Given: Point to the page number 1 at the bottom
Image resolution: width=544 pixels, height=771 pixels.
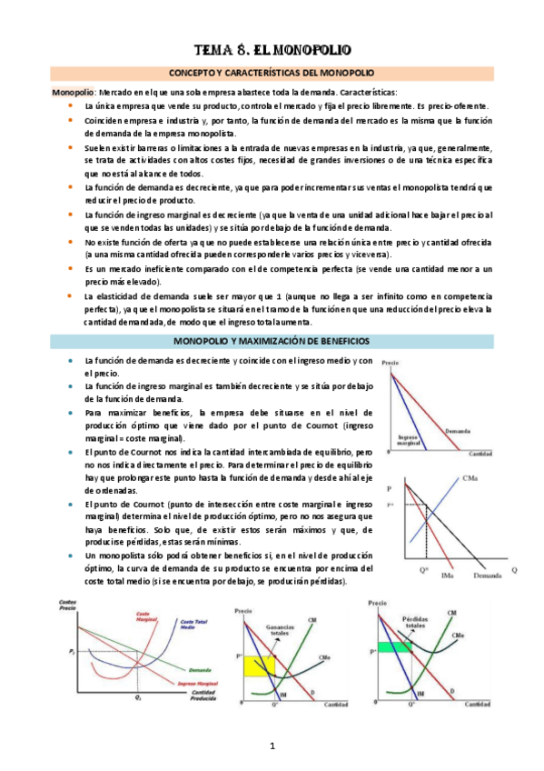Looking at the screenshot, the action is (272, 746).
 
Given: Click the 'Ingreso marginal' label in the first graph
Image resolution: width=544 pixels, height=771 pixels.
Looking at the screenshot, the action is (411, 440).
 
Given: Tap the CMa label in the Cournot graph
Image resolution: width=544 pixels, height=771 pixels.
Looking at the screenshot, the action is (470, 478).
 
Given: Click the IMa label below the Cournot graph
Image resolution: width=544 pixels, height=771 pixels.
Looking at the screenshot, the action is (447, 576).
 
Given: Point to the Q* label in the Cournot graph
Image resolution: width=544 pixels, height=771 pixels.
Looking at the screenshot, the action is (423, 570).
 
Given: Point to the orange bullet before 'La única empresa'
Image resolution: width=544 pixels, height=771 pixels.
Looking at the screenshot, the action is (72, 105).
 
